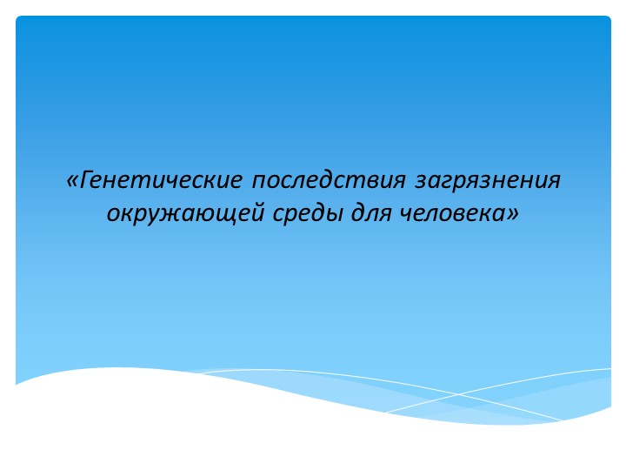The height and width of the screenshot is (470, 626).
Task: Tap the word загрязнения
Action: [x=488, y=181]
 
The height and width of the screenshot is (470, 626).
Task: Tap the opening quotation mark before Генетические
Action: [x=71, y=182]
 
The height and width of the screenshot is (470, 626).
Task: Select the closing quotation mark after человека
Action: [x=513, y=212]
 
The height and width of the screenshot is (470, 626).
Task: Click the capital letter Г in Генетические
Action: [x=85, y=180]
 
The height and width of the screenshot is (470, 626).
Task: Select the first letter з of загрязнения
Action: [x=419, y=182]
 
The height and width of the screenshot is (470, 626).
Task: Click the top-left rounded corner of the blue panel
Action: [x=19, y=19]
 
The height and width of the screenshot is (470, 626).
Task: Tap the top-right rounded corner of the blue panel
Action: [x=608, y=19]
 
